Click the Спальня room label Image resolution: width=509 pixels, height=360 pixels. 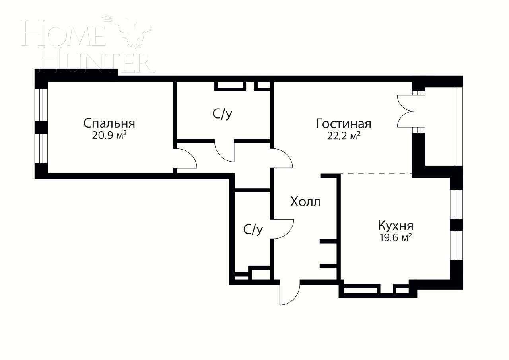coord(109,123)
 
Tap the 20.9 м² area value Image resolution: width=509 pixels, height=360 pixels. coord(109,136)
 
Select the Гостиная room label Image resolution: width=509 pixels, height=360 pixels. coord(344,124)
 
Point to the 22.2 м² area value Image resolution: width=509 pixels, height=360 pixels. coord(344,136)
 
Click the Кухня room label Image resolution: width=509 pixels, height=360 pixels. coord(395,226)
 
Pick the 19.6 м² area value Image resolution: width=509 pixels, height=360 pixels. coord(395,238)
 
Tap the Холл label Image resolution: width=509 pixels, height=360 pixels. coord(305,202)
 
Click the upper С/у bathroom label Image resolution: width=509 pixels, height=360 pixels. coord(222,115)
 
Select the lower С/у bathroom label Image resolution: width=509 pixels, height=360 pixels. coord(253,230)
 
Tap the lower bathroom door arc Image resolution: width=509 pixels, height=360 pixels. coord(283,229)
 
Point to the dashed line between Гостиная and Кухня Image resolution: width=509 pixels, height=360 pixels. coord(376,174)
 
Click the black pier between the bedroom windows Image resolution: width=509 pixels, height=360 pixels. coord(41,127)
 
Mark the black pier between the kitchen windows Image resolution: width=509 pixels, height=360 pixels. coord(457,225)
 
